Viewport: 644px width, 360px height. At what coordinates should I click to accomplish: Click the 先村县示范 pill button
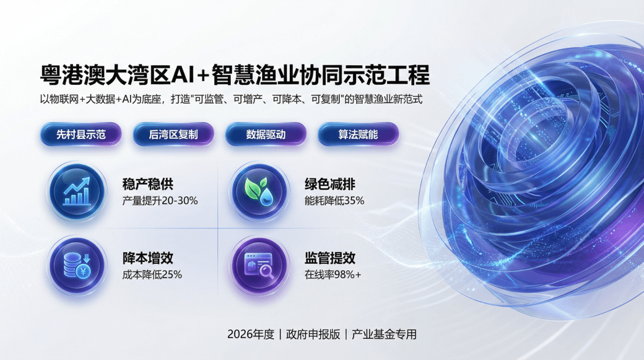pyautogui.click(x=81, y=134)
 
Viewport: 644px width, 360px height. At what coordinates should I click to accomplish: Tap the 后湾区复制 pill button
pyautogui.click(x=173, y=134)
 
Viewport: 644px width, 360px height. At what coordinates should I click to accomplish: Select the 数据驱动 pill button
pyautogui.click(x=266, y=134)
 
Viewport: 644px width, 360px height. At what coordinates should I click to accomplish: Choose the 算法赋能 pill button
pyautogui.click(x=358, y=134)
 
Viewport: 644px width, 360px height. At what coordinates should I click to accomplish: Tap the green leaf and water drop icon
pyautogui.click(x=258, y=191)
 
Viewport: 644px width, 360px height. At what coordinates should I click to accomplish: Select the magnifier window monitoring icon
pyautogui.click(x=258, y=265)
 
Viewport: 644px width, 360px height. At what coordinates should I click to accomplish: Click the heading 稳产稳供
pyautogui.click(x=148, y=184)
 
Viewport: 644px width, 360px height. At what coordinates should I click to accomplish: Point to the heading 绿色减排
pyautogui.click(x=329, y=184)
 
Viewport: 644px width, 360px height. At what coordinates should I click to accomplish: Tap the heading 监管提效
pyautogui.click(x=329, y=258)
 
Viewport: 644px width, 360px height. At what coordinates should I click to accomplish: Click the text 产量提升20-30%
pyautogui.click(x=160, y=201)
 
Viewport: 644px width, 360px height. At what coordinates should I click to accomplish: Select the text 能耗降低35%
pyautogui.click(x=334, y=201)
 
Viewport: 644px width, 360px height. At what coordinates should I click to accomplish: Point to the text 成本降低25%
pyautogui.click(x=152, y=274)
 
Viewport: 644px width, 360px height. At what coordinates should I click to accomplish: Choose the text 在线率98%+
pyautogui.click(x=333, y=274)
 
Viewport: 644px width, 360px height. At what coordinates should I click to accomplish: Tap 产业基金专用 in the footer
pyautogui.click(x=384, y=335)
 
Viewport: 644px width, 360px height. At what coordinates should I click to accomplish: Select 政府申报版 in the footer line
pyautogui.click(x=313, y=335)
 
